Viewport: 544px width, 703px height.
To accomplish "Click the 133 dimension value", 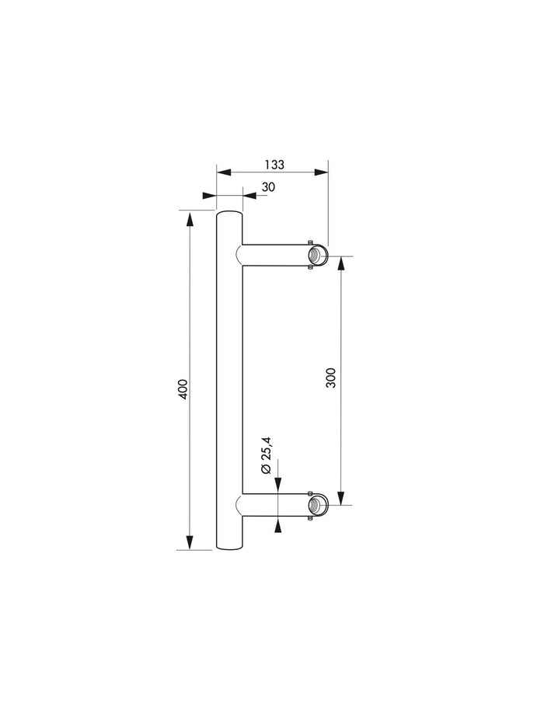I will pos(274,165).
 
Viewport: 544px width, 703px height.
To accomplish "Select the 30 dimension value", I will pos(268,186).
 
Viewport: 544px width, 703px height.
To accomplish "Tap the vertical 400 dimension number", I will pos(183,388).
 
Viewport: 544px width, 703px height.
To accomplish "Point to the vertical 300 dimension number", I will pos(331,378).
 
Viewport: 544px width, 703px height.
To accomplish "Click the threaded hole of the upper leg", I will pos(316,255).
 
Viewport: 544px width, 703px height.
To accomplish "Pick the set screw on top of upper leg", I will pos(310,242).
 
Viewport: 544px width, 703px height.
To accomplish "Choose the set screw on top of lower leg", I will pos(310,492).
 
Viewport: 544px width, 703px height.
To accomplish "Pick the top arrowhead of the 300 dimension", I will pos(341,263).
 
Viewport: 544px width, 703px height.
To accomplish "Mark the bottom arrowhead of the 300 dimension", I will pos(341,499).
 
